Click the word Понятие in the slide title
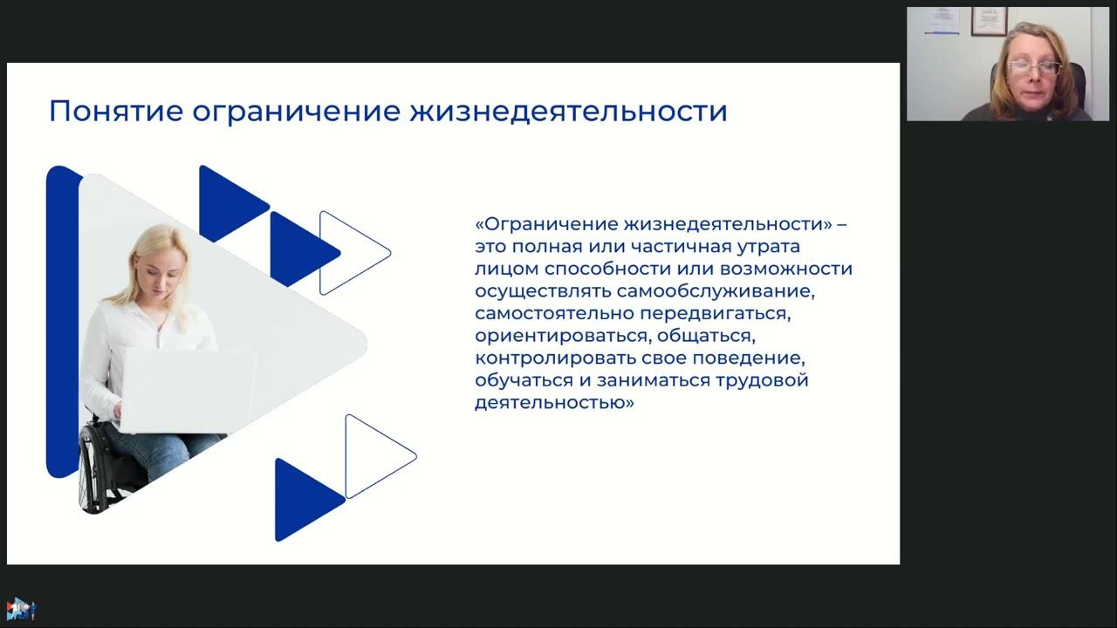point(115,112)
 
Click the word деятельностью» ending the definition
point(553,403)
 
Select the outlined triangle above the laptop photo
point(351,252)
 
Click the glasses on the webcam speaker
point(1034,68)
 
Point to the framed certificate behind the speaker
point(988,21)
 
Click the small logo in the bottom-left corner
point(20,609)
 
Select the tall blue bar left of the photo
point(61,323)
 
